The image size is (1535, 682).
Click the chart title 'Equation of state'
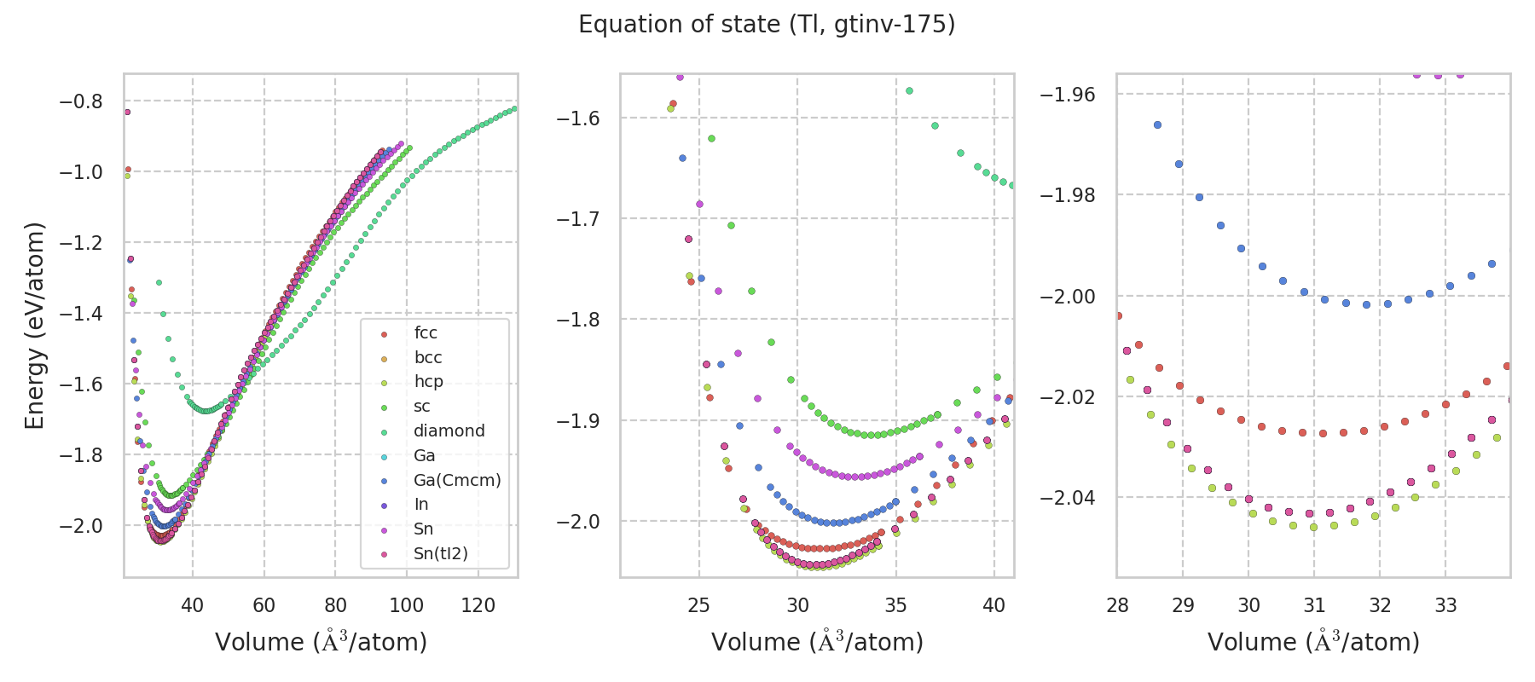(x=767, y=25)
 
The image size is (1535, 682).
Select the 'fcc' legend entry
(x=426, y=333)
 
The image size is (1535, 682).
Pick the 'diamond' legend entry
(x=449, y=431)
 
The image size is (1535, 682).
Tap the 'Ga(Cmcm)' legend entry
(x=457, y=480)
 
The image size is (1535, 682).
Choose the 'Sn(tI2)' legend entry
(x=441, y=554)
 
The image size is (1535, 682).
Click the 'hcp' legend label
(x=428, y=382)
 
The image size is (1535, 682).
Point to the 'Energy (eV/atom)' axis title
(x=34, y=326)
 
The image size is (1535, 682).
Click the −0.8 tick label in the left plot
(x=80, y=101)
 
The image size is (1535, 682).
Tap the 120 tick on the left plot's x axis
(x=478, y=605)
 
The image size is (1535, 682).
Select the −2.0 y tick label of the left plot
(x=80, y=526)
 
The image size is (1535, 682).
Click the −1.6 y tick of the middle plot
(x=577, y=118)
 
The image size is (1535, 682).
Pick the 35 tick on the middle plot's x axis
(x=895, y=605)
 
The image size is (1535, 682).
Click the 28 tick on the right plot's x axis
(x=1117, y=605)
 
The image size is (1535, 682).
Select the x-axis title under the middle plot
(x=817, y=642)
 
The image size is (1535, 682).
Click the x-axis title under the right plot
(x=1313, y=642)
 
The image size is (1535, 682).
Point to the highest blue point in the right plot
(x=1157, y=124)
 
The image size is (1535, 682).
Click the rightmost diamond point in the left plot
(x=514, y=108)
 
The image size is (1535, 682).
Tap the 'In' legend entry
(x=421, y=505)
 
